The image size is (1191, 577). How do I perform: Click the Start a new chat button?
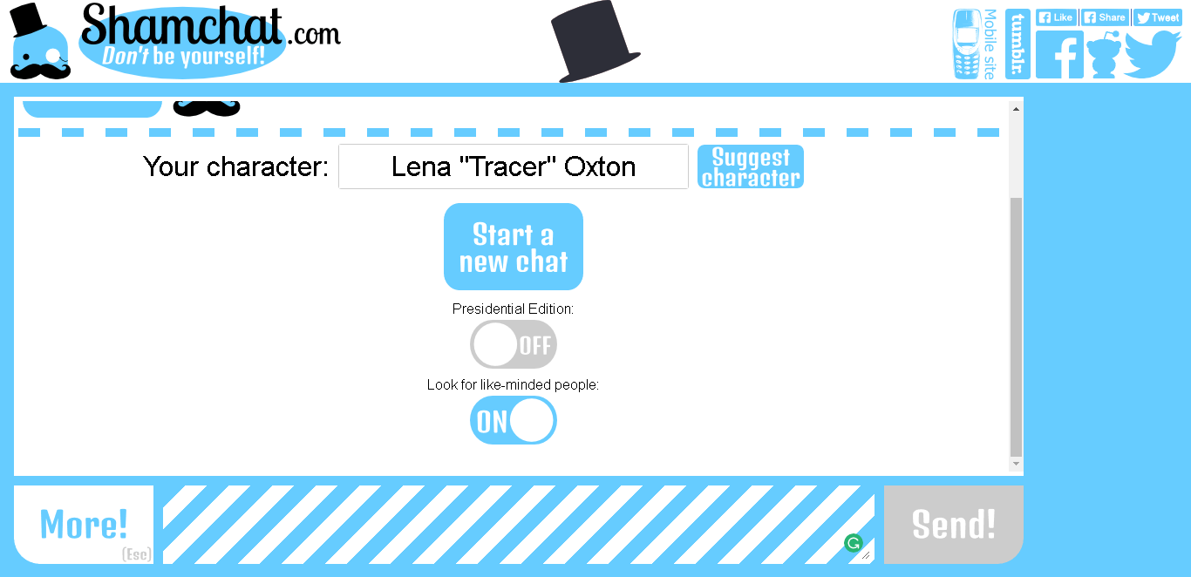tap(513, 247)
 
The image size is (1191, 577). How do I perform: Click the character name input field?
tap(513, 166)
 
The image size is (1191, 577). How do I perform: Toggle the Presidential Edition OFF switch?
tap(513, 344)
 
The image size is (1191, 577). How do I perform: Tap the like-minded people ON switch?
tap(513, 420)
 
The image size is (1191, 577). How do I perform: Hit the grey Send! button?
tap(953, 524)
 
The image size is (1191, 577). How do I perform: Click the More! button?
tap(84, 524)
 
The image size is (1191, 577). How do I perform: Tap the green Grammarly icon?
tap(853, 543)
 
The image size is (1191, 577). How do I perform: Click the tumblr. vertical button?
tap(1017, 44)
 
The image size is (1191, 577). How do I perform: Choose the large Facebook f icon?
tap(1059, 55)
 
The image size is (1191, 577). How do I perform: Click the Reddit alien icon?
tap(1104, 55)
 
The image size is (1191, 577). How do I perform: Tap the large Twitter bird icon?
tap(1152, 54)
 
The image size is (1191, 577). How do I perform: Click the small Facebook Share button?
tap(1105, 17)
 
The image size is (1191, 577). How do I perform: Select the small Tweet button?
tap(1157, 17)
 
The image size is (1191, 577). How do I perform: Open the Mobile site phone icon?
tap(967, 44)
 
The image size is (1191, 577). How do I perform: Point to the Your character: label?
tap(235, 166)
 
